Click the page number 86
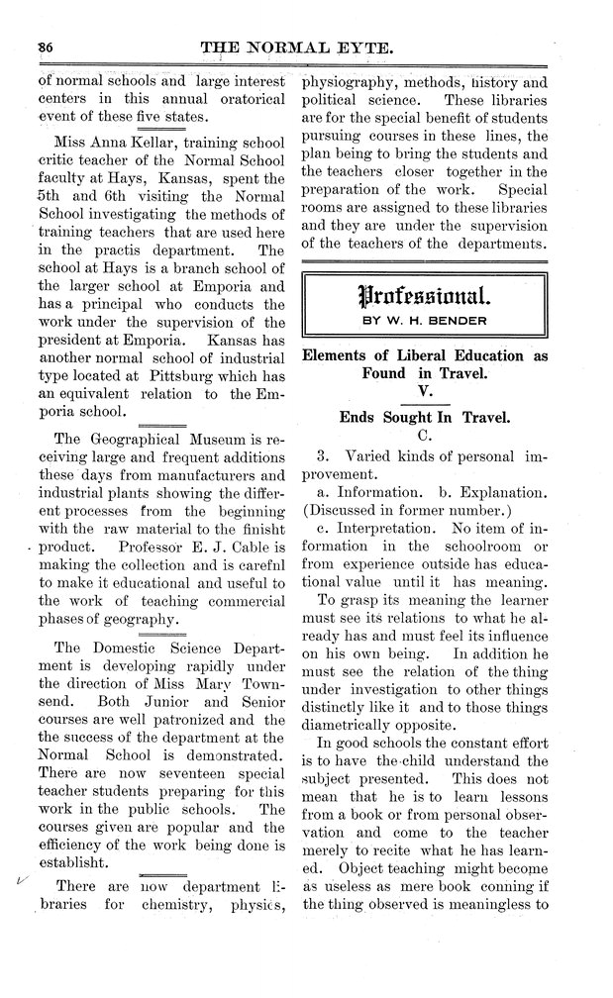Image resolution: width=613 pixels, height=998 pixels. (45, 46)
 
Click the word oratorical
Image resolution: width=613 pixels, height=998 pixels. (245, 100)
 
